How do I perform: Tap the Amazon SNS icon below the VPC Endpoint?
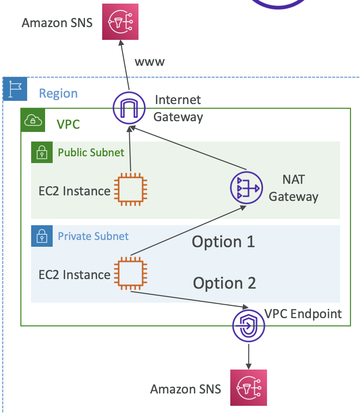click(249, 387)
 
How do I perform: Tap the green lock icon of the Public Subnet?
click(42, 152)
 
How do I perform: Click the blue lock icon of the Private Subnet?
click(42, 236)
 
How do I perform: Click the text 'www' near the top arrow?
click(150, 62)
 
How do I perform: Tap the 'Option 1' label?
click(223, 242)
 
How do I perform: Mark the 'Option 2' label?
click(224, 283)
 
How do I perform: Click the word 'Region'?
click(58, 93)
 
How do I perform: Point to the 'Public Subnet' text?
click(91, 152)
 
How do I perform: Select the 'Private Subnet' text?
click(93, 236)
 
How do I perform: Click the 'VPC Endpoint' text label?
click(303, 314)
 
